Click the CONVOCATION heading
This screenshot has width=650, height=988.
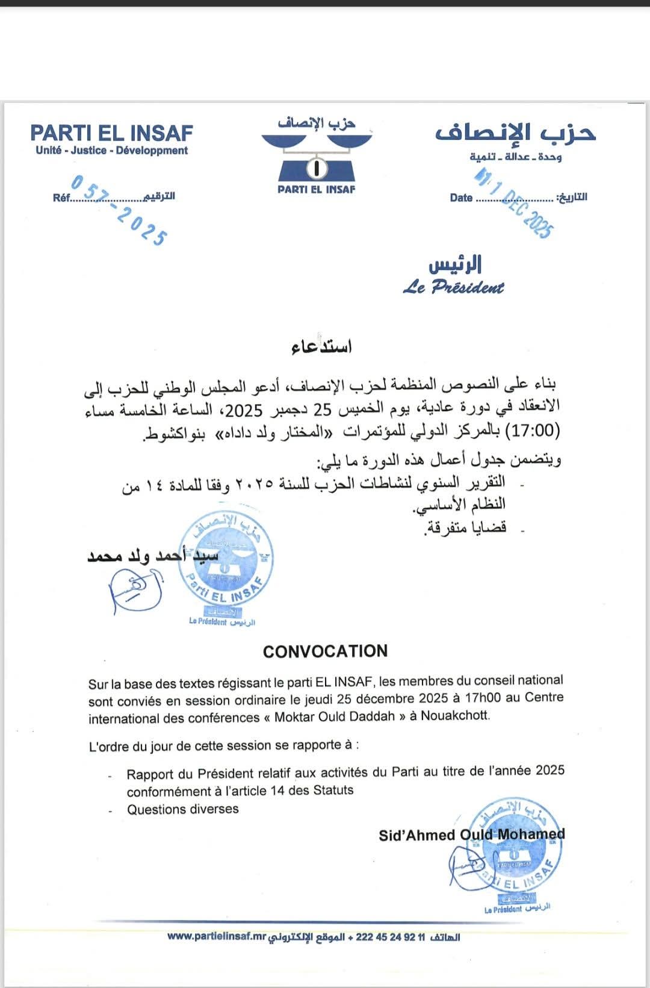coord(325,651)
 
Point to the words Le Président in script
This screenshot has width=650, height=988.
coord(453,287)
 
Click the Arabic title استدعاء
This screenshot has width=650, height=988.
coord(321,347)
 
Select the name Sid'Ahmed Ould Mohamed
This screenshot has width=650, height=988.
coord(471,834)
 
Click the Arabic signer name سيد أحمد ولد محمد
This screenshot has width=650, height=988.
coord(153,555)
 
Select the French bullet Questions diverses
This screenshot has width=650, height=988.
coord(182,809)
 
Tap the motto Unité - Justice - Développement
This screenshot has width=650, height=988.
coord(111,151)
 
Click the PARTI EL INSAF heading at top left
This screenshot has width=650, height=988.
coord(111,132)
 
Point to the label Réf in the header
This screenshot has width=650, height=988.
coord(61,197)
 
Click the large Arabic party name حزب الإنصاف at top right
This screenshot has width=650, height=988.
coord(515,132)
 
